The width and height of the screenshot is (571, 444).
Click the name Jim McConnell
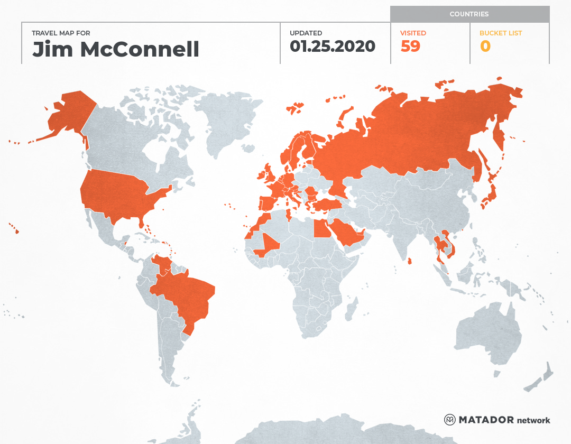pos(116,49)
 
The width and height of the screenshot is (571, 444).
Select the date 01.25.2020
pos(332,47)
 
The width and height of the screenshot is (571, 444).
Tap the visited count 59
pos(410,47)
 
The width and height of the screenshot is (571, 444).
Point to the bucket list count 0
pos(485,47)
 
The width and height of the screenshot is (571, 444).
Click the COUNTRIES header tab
pos(469,14)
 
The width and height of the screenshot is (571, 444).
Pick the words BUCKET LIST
pos(500,33)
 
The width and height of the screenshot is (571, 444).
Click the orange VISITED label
pos(413,33)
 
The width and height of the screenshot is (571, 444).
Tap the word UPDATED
pos(306,33)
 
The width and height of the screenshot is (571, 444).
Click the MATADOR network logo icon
pos(450,420)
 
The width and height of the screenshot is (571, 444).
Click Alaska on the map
pos(69,114)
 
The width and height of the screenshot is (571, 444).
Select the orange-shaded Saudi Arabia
pos(346,235)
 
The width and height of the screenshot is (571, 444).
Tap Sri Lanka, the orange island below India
pos(410,261)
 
